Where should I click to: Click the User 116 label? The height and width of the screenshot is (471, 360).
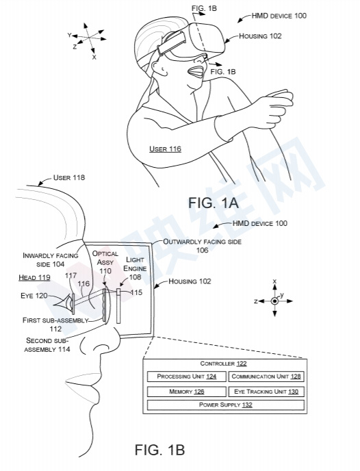[x=165, y=149]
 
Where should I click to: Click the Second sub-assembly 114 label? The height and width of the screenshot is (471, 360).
[x=50, y=344]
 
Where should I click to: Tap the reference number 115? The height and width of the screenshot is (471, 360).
[x=137, y=293]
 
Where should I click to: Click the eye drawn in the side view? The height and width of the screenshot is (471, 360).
[x=66, y=301]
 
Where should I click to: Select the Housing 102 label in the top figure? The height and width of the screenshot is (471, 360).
[x=259, y=36]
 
